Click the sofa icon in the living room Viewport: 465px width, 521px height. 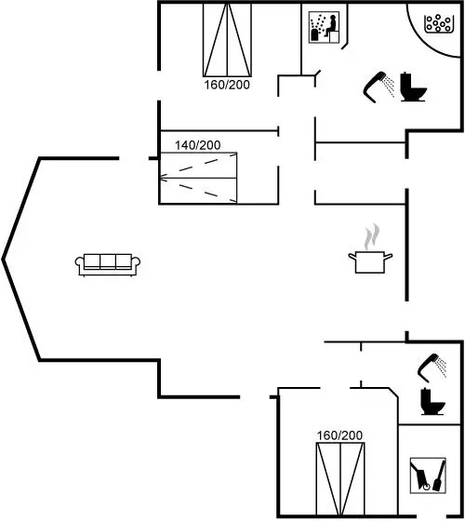pyautogui.click(x=107, y=265)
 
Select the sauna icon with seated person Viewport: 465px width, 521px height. pyautogui.click(x=324, y=27)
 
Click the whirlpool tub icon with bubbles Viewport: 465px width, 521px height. pyautogui.click(x=438, y=23)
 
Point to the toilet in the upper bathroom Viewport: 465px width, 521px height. pyautogui.click(x=413, y=87)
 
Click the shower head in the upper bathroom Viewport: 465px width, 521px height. pyautogui.click(x=379, y=87)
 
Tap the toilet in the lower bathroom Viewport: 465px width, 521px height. pyautogui.click(x=432, y=401)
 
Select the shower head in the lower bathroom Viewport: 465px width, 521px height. pyautogui.click(x=432, y=368)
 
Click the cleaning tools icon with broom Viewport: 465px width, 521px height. pyautogui.click(x=428, y=475)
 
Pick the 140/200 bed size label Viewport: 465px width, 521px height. pyautogui.click(x=197, y=145)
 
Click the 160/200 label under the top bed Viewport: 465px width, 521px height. pyautogui.click(x=227, y=85)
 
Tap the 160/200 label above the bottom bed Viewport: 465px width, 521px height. pyautogui.click(x=339, y=435)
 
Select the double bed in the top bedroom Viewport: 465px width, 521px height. pyautogui.click(x=227, y=40)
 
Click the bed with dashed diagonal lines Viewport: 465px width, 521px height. pyautogui.click(x=198, y=178)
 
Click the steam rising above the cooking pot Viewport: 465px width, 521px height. pyautogui.click(x=372, y=236)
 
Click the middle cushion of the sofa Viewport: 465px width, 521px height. pyautogui.click(x=107, y=261)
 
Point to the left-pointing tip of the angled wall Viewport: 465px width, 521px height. pyautogui.click(x=3, y=260)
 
